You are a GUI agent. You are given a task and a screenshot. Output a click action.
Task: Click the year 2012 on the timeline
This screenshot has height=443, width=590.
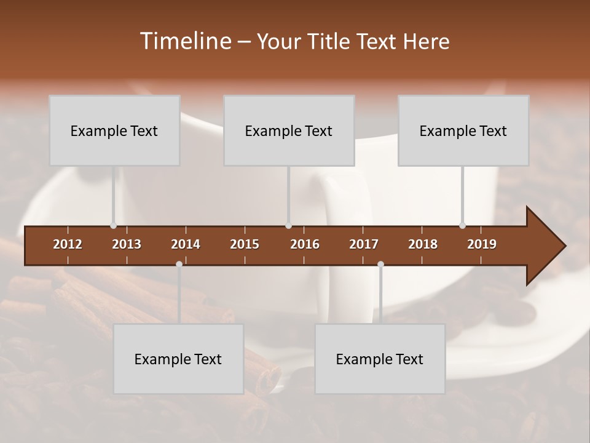coord(68,244)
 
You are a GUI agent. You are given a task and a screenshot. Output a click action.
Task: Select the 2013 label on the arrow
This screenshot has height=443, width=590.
coord(127,244)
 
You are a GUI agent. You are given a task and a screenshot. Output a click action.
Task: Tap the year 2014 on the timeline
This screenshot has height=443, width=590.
coord(186,244)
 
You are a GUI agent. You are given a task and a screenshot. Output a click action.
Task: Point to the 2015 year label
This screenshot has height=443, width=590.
coord(245,244)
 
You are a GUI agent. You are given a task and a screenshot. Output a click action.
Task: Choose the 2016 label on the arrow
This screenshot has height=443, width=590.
coord(305,244)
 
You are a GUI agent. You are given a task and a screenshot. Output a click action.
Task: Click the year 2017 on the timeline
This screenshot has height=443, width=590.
coord(364,244)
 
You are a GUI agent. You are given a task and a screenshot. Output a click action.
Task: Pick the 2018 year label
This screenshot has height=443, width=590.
coord(423,244)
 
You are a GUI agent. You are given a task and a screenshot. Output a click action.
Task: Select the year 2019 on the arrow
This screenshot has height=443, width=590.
coord(482,244)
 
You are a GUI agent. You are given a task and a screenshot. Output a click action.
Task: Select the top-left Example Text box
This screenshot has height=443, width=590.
coord(114,130)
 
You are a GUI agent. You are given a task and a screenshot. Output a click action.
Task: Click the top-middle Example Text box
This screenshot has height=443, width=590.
coord(289,130)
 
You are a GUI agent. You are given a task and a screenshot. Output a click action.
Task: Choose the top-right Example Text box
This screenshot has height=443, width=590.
coord(463,130)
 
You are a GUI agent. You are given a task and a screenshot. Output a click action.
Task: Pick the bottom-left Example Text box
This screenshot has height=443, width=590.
coord(178,359)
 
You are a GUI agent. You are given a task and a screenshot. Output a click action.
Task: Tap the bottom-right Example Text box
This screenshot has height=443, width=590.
coord(380,359)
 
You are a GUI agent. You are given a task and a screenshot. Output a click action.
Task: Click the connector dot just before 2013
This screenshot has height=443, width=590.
coord(113,226)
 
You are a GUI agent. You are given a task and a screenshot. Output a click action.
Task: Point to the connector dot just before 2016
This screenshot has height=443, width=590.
coord(289,226)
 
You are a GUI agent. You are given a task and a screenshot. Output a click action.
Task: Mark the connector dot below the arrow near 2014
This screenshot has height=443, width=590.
coord(179,264)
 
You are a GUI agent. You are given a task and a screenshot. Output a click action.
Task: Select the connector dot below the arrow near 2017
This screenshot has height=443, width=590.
coord(380,264)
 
